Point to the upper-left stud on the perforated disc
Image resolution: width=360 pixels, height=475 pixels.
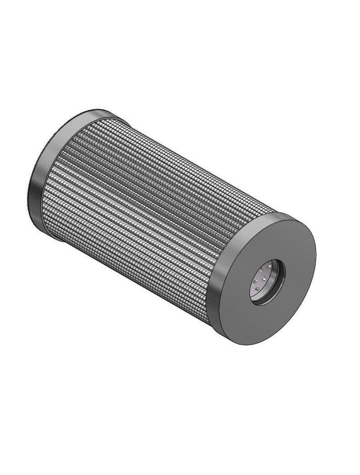click(x=261, y=270)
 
